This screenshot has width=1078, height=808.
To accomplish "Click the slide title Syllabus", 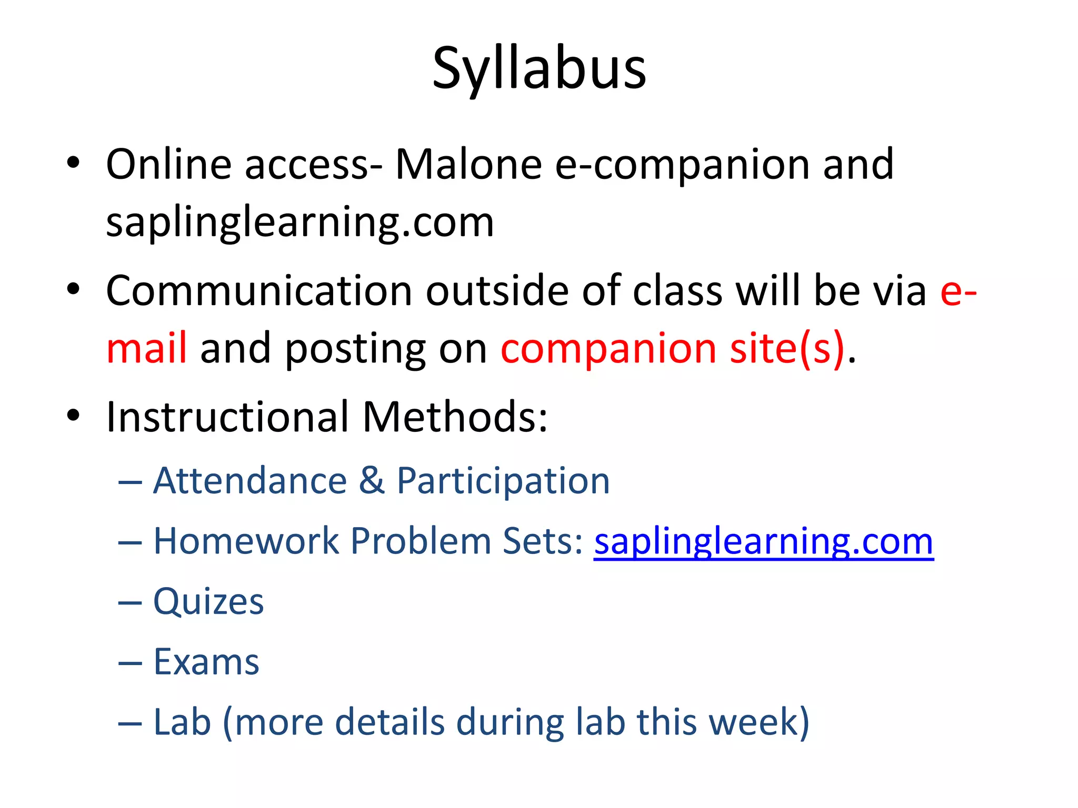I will pyautogui.click(x=539, y=69).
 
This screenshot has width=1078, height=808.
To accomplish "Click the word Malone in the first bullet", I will pyautogui.click(x=468, y=164).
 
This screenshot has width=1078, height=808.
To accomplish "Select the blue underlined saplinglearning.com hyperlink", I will pyautogui.click(x=764, y=541).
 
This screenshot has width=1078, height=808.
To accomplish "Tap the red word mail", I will pyautogui.click(x=146, y=348).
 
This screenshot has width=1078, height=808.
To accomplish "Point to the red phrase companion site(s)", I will pyautogui.click(x=672, y=348).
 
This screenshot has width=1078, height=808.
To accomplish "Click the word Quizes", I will pyautogui.click(x=208, y=601).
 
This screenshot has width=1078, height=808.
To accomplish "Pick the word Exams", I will pyautogui.click(x=206, y=662).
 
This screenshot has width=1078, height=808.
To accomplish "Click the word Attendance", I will pyautogui.click(x=250, y=481).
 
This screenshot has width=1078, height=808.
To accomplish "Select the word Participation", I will pyautogui.click(x=503, y=481).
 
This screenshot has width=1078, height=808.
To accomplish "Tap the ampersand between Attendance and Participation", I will pyautogui.click(x=372, y=481).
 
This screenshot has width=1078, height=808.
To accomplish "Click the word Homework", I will pyautogui.click(x=246, y=541).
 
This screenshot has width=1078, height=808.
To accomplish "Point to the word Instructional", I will pyautogui.click(x=227, y=417).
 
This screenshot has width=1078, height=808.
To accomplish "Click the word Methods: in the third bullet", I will pyautogui.click(x=455, y=417).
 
